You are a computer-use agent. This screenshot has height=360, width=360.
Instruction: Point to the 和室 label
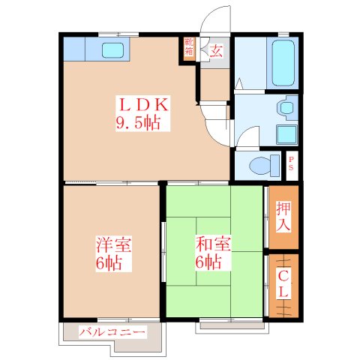[x=214, y=244]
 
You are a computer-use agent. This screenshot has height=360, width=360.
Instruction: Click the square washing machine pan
[x=286, y=134]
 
